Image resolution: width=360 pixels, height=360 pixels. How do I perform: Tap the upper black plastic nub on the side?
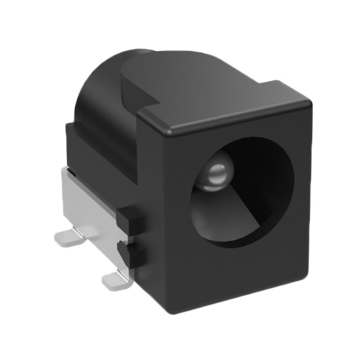[129, 219]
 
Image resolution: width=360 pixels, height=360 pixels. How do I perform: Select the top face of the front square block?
[225, 107]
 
